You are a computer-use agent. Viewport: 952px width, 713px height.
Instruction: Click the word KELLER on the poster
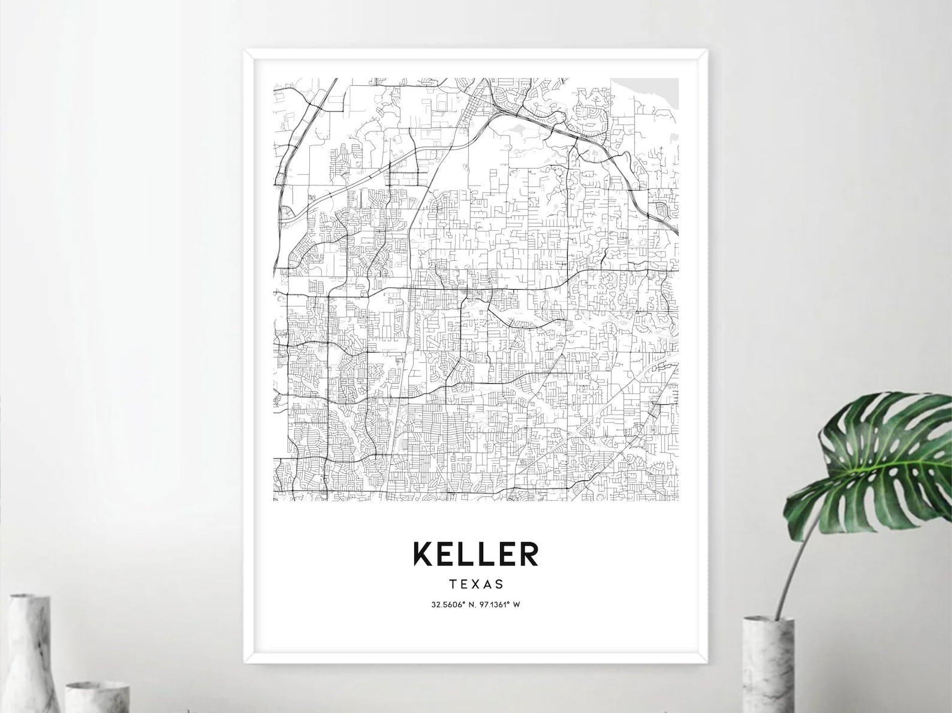pos(475,554)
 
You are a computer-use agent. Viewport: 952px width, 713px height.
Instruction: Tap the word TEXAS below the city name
pos(475,583)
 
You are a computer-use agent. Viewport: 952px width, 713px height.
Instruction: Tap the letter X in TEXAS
pos(475,583)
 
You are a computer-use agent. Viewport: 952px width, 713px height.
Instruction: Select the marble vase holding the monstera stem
pos(769,666)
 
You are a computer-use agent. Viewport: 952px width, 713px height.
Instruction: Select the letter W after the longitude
pos(516,604)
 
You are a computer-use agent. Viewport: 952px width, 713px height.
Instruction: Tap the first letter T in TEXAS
pos(451,583)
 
